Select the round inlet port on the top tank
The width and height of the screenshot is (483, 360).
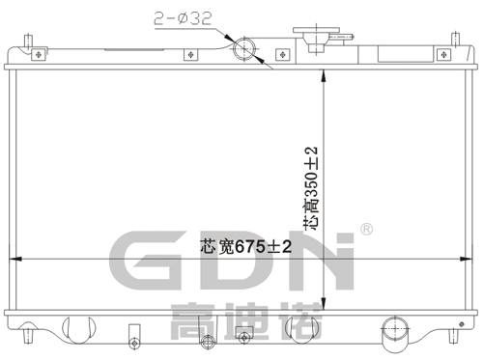pos(247,48)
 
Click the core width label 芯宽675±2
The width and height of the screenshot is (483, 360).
pos(231,245)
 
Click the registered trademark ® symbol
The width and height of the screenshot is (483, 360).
pos(366,230)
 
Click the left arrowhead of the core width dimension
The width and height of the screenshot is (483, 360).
pos(14,258)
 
